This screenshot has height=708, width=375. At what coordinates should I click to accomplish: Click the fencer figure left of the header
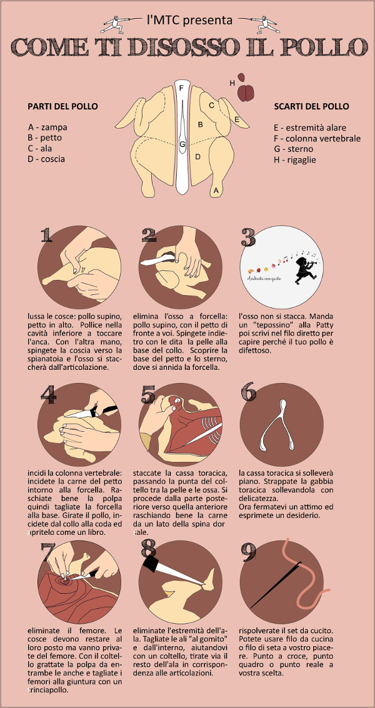(x=116, y=24)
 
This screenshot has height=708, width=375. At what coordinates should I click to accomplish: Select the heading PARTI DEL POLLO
(x=62, y=106)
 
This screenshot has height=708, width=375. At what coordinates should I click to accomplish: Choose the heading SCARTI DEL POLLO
(x=311, y=106)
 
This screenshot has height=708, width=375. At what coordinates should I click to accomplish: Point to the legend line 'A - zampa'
(x=47, y=127)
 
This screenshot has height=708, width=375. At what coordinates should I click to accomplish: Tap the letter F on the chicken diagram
(x=181, y=88)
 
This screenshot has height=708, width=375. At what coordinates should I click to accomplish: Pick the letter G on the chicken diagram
(x=182, y=145)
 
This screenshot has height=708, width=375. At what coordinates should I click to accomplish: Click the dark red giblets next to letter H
(x=246, y=92)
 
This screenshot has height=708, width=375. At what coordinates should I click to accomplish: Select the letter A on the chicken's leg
(x=216, y=189)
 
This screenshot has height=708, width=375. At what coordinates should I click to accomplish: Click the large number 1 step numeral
(x=46, y=235)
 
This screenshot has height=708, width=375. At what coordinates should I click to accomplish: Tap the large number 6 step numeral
(x=248, y=392)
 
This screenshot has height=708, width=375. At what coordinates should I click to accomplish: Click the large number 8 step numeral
(x=148, y=549)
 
